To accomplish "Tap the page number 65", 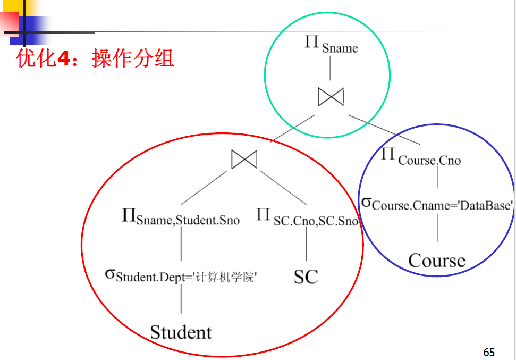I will [489, 352].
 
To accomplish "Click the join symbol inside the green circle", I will [331, 96].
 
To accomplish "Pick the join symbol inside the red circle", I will [244, 159].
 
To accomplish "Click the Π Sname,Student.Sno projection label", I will [181, 217].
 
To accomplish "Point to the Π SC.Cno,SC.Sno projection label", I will [307, 217].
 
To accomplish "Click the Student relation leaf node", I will [181, 332].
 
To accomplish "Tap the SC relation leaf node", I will [306, 277].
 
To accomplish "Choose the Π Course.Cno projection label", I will [421, 157].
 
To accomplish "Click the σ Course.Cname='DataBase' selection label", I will [437, 205].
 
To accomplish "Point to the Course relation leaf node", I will [437, 261].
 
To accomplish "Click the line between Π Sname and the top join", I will [331, 68].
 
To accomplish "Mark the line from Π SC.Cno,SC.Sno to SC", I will [306, 246].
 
